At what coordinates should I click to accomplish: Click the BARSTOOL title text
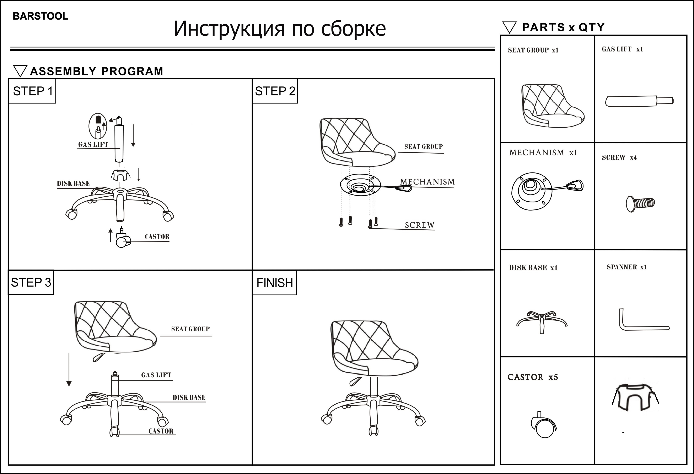pos(40,16)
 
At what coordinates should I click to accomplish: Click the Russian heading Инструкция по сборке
pos(280,29)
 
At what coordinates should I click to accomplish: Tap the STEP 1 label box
pos(32,91)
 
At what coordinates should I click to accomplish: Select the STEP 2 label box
pos(275,91)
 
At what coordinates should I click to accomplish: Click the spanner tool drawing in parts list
pos(642,321)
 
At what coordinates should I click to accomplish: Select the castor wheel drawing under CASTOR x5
pos(543,426)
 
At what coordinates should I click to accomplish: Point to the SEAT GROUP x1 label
pos(533,50)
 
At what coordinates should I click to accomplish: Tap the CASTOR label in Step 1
pos(157,237)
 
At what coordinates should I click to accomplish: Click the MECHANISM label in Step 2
pos(427,182)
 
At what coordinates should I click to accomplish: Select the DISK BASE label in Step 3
pos(189,398)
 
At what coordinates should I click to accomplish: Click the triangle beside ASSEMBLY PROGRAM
pos(20,71)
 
